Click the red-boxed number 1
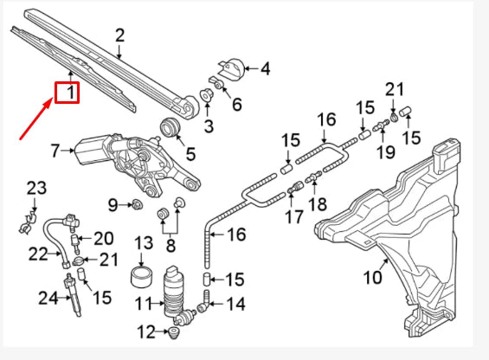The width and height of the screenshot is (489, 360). point(68,91)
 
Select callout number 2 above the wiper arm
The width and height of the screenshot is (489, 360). point(119,35)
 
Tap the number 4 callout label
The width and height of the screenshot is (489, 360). point(265,67)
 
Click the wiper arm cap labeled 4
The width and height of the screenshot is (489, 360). point(232,67)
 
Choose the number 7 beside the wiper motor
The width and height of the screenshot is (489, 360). point(56,151)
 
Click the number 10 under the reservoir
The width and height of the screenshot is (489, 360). point(372,279)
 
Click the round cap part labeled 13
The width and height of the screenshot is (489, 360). point(141,277)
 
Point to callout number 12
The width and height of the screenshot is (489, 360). point(146,331)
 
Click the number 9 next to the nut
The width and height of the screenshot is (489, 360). point(113,204)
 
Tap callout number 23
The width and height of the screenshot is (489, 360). point(35,188)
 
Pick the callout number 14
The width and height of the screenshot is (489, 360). point(235,305)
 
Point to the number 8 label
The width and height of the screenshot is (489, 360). point(171,245)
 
